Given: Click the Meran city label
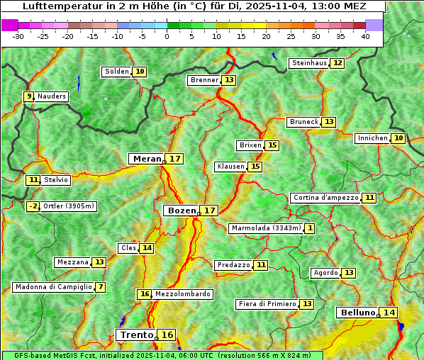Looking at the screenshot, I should tap(147, 159).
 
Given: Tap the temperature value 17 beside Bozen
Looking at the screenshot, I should tap(209, 210).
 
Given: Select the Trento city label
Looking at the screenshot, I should tap(137, 334).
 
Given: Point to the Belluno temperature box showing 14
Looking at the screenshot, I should tap(389, 313).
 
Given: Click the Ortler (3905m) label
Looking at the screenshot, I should tap(69, 206).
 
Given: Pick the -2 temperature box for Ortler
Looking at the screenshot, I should tap(33, 206).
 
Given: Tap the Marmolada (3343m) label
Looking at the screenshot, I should tap(266, 228).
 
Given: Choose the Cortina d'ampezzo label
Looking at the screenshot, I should tap(325, 198).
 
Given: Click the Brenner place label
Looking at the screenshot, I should tap(205, 80).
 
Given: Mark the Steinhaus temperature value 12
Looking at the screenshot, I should tap(337, 63).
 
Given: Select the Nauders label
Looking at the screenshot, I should tap(52, 96).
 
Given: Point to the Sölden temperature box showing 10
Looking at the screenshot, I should tap(140, 72).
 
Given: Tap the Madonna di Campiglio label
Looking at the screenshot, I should tap(52, 287).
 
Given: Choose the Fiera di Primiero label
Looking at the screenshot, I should tap(267, 304).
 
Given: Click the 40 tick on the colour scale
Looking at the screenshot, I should tap(365, 35).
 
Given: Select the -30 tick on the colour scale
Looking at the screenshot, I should tap(18, 35).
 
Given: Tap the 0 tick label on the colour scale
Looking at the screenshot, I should tap(167, 35).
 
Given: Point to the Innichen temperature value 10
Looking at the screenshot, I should tap(398, 138).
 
